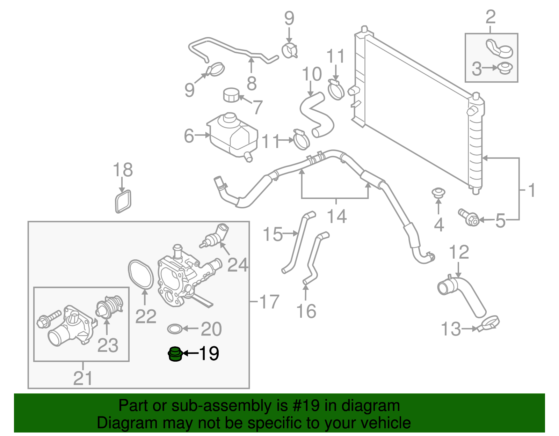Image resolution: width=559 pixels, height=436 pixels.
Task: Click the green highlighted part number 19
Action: click(175, 354)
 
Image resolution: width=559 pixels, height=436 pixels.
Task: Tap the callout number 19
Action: click(209, 354)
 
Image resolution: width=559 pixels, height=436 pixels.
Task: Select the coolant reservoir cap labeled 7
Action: click(231, 95)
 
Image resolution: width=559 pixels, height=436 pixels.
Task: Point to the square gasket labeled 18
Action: click(123, 201)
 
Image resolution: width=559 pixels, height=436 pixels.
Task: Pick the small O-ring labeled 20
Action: click(175, 328)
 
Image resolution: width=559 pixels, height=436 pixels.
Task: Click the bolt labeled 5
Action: click(469, 218)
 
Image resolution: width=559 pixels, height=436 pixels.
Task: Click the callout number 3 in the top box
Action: click(477, 69)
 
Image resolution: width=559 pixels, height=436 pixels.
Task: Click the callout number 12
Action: click(459, 252)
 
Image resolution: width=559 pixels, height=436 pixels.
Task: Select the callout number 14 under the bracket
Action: click(337, 216)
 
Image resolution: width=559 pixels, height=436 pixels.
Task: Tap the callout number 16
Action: click(306, 311)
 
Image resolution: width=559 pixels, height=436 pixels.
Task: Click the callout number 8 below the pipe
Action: click(252, 83)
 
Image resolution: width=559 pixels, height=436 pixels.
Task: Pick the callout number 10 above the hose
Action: click(312, 74)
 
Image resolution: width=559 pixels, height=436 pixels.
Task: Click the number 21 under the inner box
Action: click(83, 378)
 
